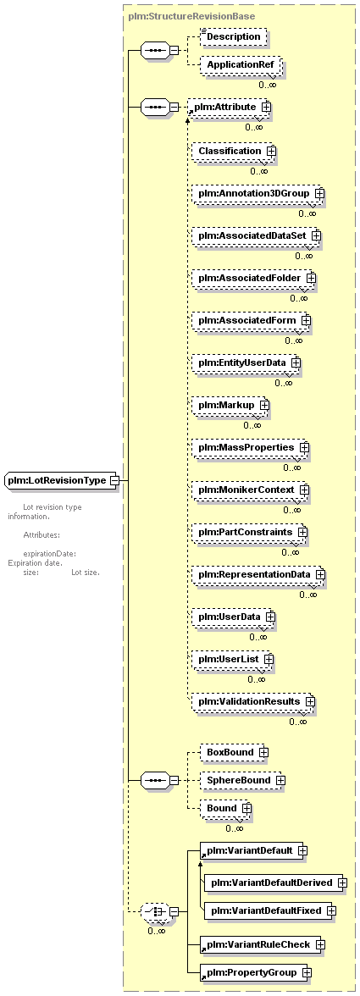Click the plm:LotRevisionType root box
[62, 480]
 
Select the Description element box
[232, 37]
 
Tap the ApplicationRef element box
[240, 66]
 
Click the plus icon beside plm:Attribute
[266, 108]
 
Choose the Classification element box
[235, 151]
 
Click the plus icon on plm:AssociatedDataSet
[316, 235]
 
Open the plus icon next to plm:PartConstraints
[302, 532]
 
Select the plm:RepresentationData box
[258, 574]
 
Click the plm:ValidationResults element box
[253, 701]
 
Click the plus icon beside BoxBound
[263, 753]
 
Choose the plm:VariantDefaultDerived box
[276, 883]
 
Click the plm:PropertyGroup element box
[256, 972]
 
